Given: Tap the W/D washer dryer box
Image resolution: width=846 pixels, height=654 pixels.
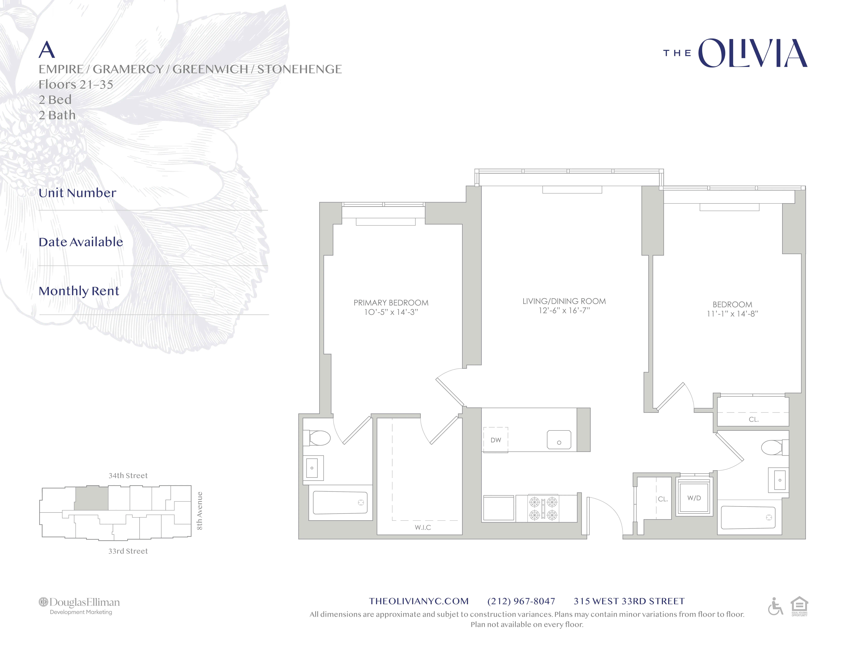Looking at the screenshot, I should (694, 498).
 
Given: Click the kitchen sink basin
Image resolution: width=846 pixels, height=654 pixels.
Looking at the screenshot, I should (559, 440).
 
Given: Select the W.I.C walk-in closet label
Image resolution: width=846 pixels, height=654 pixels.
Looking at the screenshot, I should (423, 527).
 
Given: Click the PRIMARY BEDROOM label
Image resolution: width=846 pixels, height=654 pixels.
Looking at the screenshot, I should (391, 303).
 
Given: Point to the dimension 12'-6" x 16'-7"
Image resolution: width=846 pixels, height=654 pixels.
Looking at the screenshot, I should (564, 310).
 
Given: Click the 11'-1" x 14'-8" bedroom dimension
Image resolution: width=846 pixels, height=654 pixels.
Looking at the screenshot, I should (732, 314).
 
